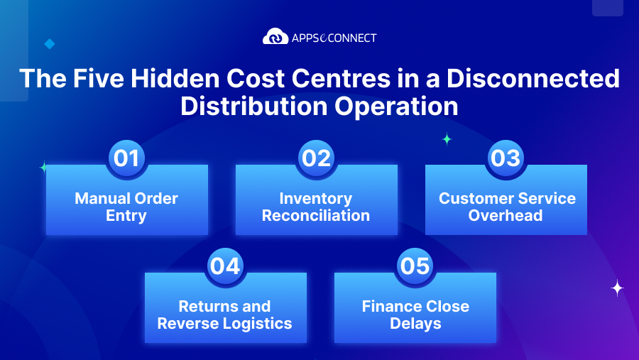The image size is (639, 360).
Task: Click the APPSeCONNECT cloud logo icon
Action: pyautogui.click(x=275, y=37)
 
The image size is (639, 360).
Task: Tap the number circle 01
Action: pyautogui.click(x=126, y=158)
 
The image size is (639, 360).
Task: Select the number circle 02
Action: pyautogui.click(x=316, y=158)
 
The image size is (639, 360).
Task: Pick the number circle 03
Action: pyautogui.click(x=506, y=158)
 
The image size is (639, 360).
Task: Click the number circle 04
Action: pyautogui.click(x=225, y=266)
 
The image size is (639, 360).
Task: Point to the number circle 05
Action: pyautogui.click(x=415, y=266)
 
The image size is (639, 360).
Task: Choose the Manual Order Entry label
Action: pyautogui.click(x=126, y=207)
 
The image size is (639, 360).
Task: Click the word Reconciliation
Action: pyautogui.click(x=316, y=216)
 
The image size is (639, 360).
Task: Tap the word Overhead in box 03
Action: pyautogui.click(x=506, y=216)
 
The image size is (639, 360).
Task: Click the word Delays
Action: pyautogui.click(x=415, y=324)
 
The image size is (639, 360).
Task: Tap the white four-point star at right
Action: pyautogui.click(x=618, y=288)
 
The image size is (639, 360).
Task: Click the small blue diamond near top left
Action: pyautogui.click(x=49, y=44)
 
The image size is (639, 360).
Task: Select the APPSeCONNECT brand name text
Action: pyautogui.click(x=334, y=38)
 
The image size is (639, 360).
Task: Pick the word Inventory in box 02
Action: pyautogui.click(x=316, y=199)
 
